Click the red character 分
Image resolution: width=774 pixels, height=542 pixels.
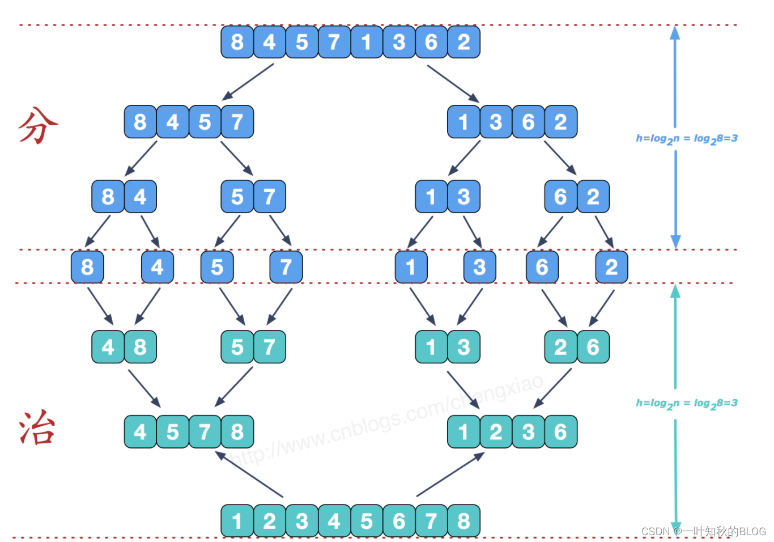pos(38,125)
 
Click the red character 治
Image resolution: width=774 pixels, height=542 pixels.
pos(37,427)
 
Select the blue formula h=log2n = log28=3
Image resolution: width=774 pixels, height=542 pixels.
pos(686,138)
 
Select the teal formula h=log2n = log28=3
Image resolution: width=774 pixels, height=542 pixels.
pos(686,403)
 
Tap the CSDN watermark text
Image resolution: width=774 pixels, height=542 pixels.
pos(703,531)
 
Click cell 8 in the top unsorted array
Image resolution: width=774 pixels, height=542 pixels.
pos(237,42)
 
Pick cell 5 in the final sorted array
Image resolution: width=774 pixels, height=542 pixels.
pos(367,520)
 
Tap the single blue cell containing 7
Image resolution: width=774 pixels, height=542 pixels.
pos(286,266)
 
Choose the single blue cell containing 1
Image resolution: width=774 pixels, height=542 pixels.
pos(411,266)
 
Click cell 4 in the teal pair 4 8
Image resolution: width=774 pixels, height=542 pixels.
pos(108,346)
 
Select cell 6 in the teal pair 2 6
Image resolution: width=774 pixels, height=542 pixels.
pos(593,346)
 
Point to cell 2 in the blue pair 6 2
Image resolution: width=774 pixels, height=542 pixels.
pos(593,197)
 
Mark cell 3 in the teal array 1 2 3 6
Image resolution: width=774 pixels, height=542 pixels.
pos(528,431)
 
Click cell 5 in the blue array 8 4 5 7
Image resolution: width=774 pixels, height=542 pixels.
pos(205,122)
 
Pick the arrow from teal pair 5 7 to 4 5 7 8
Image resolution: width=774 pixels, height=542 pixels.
pos(233,387)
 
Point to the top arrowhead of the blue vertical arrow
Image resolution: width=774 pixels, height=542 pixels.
pos(675,33)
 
